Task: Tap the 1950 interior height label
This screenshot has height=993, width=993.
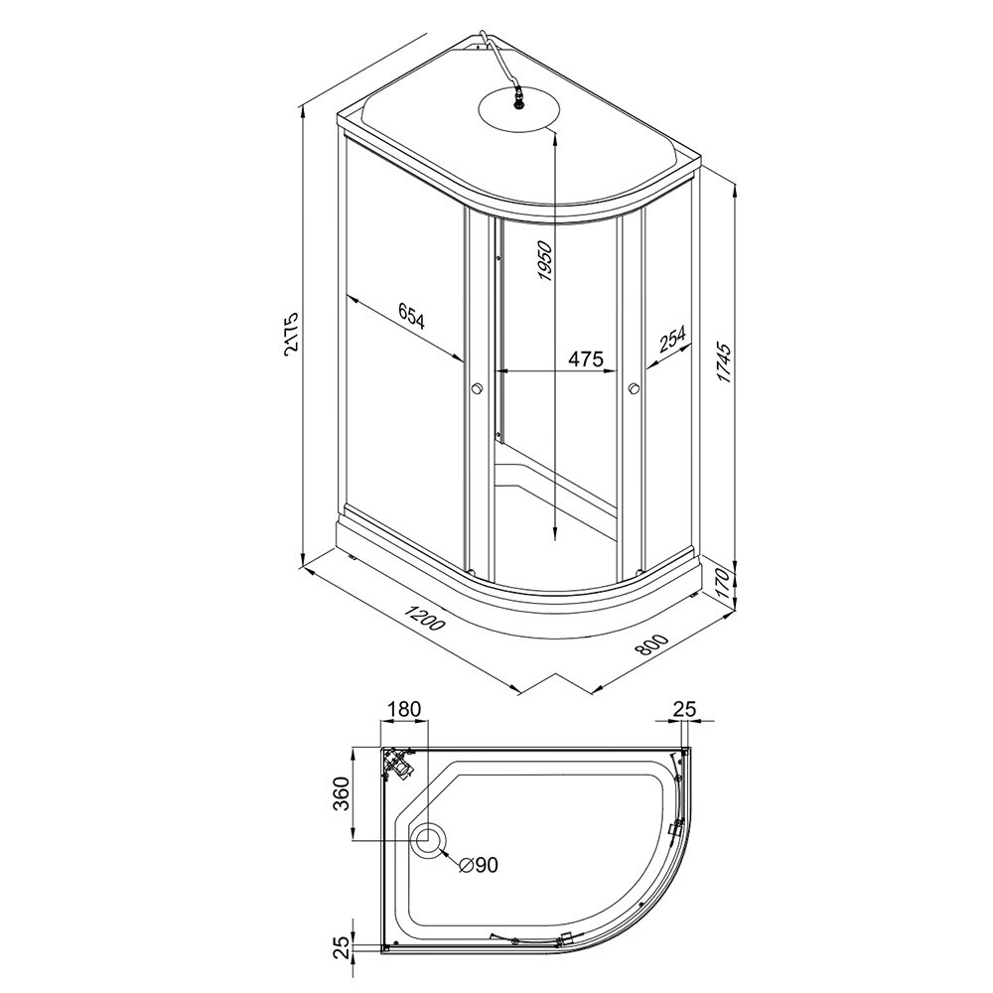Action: [x=544, y=261]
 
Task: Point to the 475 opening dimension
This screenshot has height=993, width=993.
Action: [x=584, y=359]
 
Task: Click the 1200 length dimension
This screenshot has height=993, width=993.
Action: [x=426, y=618]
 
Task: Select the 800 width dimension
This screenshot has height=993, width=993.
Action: [x=650, y=646]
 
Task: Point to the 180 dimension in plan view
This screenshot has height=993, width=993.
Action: [x=405, y=709]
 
